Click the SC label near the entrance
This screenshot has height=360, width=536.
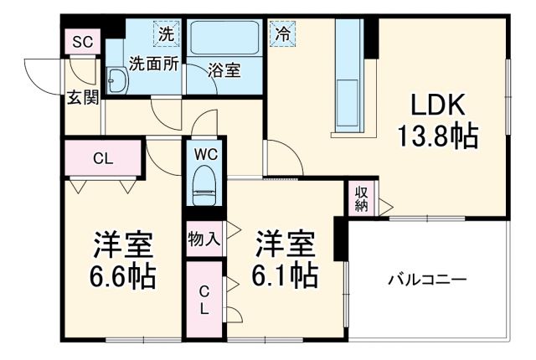point(82,42)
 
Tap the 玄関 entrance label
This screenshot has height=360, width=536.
point(84,98)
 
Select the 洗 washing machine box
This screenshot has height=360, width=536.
point(167,35)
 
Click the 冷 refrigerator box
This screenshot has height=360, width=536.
point(281,35)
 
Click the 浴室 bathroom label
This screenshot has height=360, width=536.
point(224,71)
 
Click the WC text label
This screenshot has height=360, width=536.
point(205,154)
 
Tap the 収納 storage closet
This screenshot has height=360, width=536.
point(362,198)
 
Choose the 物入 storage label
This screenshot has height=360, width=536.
point(204,239)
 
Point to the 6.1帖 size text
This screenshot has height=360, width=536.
point(285,275)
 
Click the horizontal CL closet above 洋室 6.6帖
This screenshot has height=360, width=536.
point(104,157)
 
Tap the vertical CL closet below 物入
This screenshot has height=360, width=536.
point(204,300)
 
